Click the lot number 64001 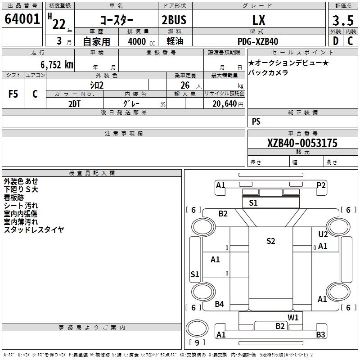[22, 19]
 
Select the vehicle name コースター [116, 20]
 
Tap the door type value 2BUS [174, 20]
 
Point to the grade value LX [259, 20]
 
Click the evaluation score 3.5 [342, 21]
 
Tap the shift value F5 [13, 94]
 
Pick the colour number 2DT [74, 103]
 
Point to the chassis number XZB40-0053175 [302, 144]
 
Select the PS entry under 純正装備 [256, 121]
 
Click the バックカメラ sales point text [269, 72]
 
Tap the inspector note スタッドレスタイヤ [34, 230]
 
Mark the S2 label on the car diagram [270, 241]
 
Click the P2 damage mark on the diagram [321, 185]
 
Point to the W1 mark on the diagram [293, 317]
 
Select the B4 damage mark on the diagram [219, 304]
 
